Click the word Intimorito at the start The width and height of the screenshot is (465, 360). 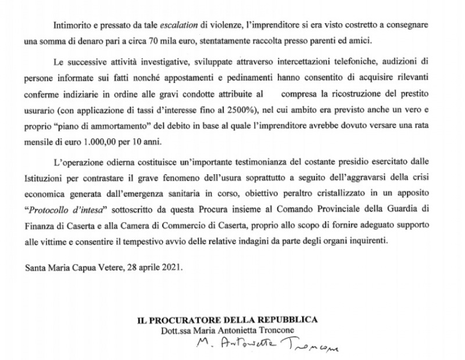click(x=71, y=27)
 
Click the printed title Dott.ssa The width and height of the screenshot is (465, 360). click(x=180, y=330)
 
